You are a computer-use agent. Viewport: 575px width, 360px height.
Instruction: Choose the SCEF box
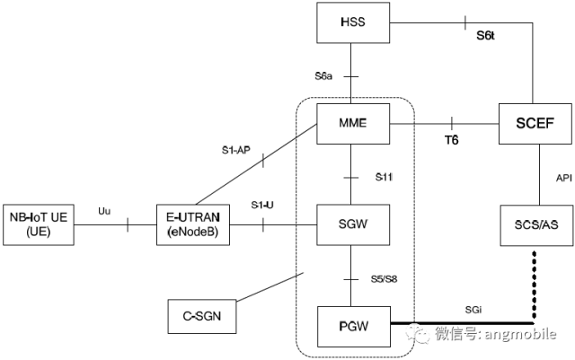tap(535, 126)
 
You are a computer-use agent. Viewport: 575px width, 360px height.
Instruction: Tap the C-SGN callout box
tap(204, 315)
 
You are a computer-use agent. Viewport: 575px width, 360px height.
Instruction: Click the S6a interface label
tap(324, 77)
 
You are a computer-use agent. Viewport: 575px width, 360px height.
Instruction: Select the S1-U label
tap(262, 206)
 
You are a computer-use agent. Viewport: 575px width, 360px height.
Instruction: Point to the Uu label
tap(103, 210)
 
